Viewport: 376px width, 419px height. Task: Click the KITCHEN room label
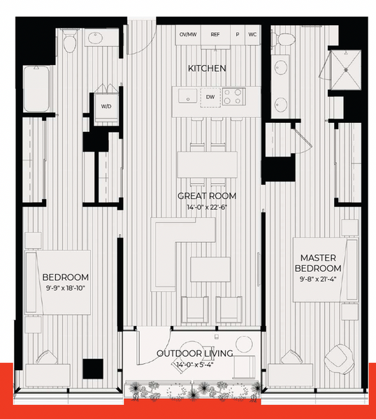207,68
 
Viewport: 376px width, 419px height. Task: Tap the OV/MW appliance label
188,34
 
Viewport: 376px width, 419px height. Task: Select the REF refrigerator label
215,34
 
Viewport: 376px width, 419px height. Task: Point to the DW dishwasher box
210,97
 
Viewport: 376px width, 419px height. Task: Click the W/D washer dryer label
106,106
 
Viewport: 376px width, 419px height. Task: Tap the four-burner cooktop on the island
233,96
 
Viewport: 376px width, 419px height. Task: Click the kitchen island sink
188,96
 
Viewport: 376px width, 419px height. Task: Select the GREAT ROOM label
207,196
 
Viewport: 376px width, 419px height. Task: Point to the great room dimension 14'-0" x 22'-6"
207,207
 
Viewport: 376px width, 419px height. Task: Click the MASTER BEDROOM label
318,263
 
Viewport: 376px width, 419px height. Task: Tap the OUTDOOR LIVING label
195,353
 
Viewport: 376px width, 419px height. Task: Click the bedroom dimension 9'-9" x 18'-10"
66,288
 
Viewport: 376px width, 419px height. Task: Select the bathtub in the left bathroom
36,89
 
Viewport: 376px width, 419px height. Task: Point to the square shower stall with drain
346,70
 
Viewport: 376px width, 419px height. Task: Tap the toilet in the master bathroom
284,40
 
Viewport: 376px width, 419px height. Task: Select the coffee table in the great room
210,270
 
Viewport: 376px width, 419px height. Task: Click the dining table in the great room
208,165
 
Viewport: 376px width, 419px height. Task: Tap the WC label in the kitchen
252,34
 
